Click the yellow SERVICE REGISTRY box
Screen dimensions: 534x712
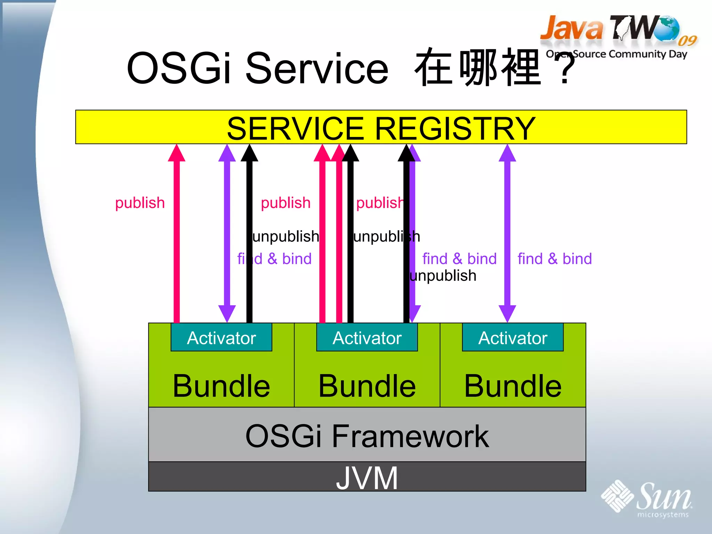[381, 127]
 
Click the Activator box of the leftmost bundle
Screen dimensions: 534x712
[221, 338]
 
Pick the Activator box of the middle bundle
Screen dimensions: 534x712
[367, 338]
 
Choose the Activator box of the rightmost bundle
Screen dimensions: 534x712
[512, 338]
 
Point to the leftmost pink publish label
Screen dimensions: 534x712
[140, 203]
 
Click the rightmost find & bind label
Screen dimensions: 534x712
[555, 259]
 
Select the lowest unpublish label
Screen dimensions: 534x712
[443, 276]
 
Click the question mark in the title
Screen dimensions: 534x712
[565, 68]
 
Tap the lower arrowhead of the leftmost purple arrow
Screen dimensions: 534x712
[227, 313]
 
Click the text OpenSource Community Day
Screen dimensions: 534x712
[616, 54]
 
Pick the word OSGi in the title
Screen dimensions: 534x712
[179, 68]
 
